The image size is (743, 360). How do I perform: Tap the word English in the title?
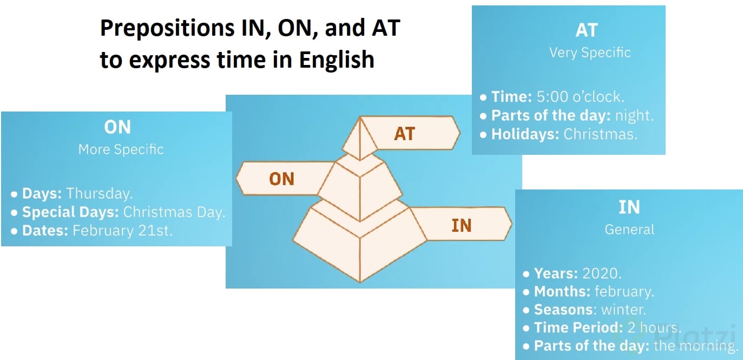pyautogui.click(x=337, y=60)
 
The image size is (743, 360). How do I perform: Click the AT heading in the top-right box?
pyautogui.click(x=587, y=30)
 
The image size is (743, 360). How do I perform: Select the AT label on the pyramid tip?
pyautogui.click(x=404, y=134)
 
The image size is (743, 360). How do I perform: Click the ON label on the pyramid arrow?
pyautogui.click(x=281, y=179)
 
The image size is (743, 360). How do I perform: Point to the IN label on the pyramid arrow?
pyautogui.click(x=462, y=225)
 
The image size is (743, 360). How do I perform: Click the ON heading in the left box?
pyautogui.click(x=117, y=127)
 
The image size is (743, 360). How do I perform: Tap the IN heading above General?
pyautogui.click(x=629, y=207)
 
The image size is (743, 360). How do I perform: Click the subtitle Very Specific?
pyautogui.click(x=590, y=53)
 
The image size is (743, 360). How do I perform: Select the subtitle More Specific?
pyautogui.click(x=121, y=149)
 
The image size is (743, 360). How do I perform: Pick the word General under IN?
pyautogui.click(x=629, y=230)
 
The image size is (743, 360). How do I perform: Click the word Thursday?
pyautogui.click(x=99, y=193)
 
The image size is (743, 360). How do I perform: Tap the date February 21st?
pyautogui.click(x=122, y=231)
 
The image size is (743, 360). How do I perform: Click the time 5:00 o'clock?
pyautogui.click(x=581, y=96)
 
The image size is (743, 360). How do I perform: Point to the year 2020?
pyautogui.click(x=602, y=273)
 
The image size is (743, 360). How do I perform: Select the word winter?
pyautogui.click(x=623, y=310)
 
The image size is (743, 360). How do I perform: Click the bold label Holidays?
pyautogui.click(x=525, y=134)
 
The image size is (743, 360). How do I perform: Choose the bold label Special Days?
pyautogui.click(x=70, y=212)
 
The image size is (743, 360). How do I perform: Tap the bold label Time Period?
pyautogui.click(x=578, y=328)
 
